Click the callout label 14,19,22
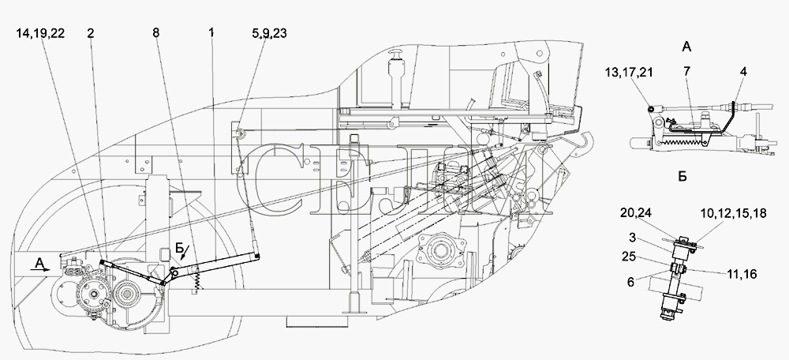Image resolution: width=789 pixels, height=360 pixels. pos(40,34)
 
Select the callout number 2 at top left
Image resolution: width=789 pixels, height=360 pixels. pos(90,33)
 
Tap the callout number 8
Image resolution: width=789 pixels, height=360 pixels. pos(156,33)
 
